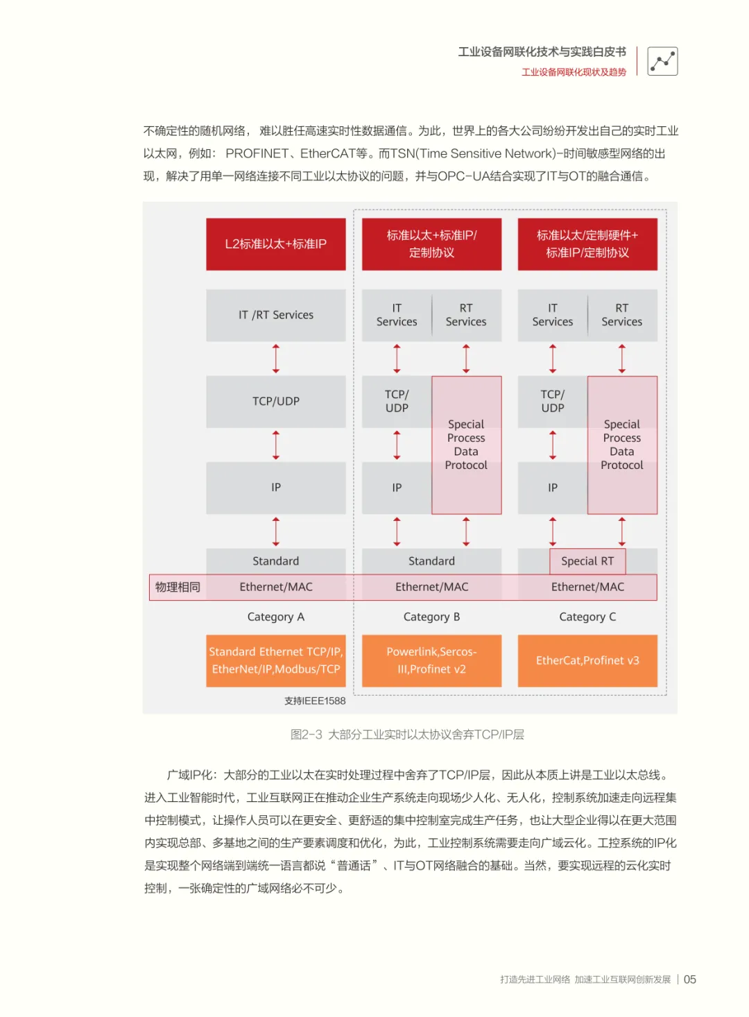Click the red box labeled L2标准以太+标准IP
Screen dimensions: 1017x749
point(275,244)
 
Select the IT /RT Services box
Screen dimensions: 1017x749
point(275,315)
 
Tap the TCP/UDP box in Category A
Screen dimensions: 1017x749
point(275,401)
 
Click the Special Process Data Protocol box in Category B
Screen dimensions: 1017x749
point(466,445)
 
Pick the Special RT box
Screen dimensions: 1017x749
point(587,561)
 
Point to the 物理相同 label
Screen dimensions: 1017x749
point(178,587)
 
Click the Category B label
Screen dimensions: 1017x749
point(431,617)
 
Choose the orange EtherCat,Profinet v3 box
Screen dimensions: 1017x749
point(587,660)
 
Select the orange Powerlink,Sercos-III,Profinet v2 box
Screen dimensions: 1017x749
point(431,660)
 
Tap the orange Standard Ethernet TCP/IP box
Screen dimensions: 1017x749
point(275,660)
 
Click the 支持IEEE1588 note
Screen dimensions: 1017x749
point(315,701)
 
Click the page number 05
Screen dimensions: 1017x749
point(690,980)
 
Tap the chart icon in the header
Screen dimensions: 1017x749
point(662,61)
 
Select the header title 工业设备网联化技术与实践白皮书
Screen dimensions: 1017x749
point(542,52)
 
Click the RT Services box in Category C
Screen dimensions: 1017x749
point(621,315)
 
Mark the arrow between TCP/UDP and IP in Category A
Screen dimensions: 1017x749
point(276,445)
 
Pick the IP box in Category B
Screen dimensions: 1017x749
point(397,488)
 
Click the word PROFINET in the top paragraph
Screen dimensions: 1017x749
point(257,153)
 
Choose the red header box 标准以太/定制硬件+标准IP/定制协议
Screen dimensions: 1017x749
point(587,244)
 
